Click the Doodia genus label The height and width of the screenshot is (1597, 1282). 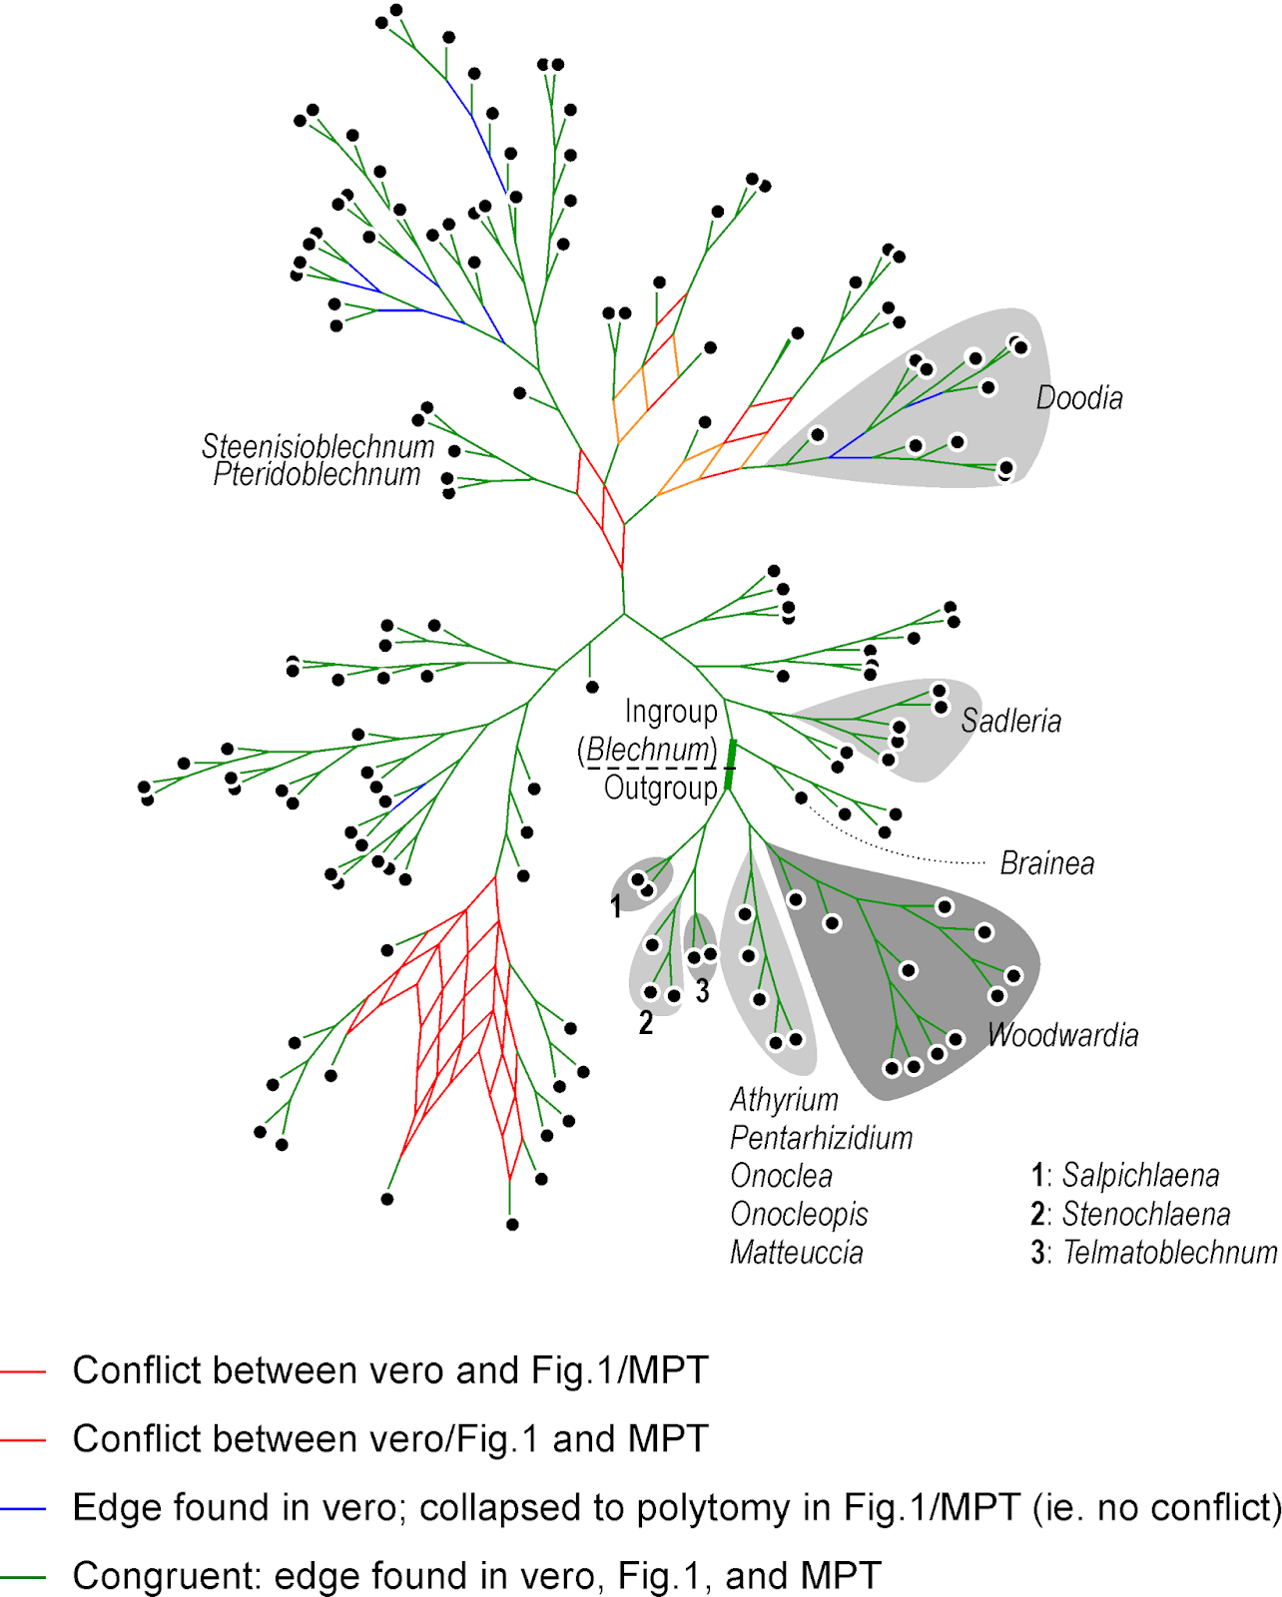coord(1078,398)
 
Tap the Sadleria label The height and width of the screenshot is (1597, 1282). coord(1010,721)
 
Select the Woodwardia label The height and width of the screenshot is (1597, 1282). coord(1062,1035)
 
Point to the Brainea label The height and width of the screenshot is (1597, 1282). coord(1046,863)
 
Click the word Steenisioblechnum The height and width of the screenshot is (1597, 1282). coord(318,446)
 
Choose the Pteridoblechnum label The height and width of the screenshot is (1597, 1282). coord(317,474)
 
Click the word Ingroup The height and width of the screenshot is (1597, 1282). coord(671,712)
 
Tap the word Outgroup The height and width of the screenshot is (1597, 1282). coord(660,789)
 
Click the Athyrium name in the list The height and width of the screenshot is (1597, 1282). coord(784,1100)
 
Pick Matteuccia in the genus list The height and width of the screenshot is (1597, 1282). coord(796,1253)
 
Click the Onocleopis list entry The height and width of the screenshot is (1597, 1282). coord(799,1215)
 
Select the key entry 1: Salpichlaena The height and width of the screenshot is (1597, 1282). coord(1125,1176)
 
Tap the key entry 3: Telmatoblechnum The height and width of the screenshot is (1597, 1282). coord(1153,1253)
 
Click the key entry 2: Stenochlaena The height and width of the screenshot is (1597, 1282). coord(1130,1215)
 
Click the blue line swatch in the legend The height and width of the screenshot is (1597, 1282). coord(23,1509)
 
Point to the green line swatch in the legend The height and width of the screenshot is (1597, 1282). coord(23,1578)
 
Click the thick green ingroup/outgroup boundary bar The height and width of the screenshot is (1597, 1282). coord(730,765)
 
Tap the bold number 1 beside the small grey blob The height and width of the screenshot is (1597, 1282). coord(616,906)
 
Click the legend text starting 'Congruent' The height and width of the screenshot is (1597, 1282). coord(476,1576)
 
